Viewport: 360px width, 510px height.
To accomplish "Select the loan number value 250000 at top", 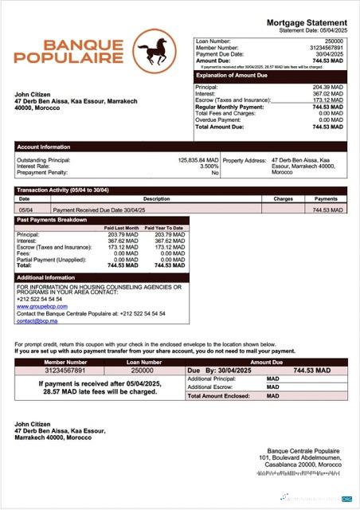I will click(x=334, y=40).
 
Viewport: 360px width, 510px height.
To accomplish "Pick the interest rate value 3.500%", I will click(x=208, y=167).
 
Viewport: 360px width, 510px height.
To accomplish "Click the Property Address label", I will click(x=245, y=160).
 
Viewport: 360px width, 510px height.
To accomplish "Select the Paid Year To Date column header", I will click(x=166, y=228).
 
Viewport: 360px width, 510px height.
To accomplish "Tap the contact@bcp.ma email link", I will click(x=35, y=320).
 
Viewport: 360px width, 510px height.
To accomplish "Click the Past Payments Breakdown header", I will click(x=51, y=219).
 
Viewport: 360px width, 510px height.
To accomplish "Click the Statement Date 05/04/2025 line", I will click(x=313, y=29).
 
